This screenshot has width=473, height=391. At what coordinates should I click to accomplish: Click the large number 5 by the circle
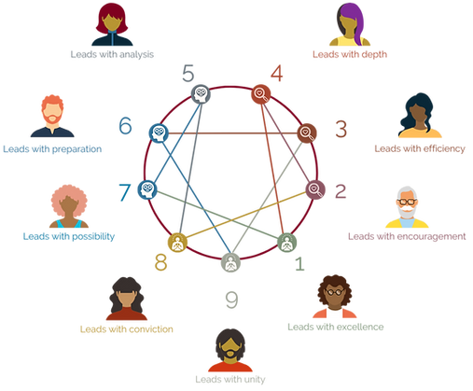coord(188,74)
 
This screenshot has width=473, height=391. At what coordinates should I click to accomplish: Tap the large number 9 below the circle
coord(231,300)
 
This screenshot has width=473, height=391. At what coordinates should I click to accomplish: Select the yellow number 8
coord(160,262)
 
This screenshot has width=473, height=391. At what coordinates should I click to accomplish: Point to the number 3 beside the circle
coord(341,129)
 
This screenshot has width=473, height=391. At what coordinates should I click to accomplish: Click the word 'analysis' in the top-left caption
coord(136,55)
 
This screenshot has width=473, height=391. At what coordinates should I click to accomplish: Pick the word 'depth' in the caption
coord(374,55)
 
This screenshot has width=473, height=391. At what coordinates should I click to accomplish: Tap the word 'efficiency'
coord(444,148)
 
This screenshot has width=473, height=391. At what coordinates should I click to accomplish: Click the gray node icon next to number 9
coord(230,262)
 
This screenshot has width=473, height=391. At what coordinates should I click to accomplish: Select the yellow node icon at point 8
coord(177,243)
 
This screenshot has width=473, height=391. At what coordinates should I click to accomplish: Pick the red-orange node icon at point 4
coord(260,93)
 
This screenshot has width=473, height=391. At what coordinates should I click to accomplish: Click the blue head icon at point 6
coord(159,133)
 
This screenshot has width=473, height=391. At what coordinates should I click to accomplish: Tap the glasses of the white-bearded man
coord(407,202)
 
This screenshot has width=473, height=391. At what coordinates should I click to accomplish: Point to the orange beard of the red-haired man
coord(52,119)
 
